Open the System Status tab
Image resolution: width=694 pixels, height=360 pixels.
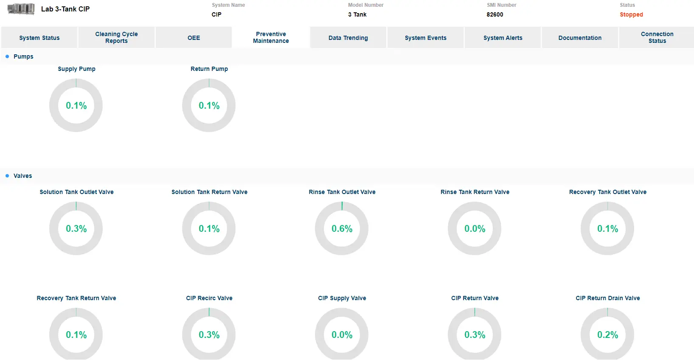(x=39, y=38)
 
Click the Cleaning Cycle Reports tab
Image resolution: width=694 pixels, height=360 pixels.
(x=116, y=37)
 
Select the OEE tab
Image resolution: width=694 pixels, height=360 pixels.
(x=194, y=38)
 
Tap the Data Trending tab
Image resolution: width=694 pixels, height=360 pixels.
(x=348, y=38)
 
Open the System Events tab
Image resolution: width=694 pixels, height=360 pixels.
(x=425, y=38)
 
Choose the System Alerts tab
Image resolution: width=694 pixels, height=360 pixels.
(x=503, y=38)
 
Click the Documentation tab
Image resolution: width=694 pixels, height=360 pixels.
(x=580, y=38)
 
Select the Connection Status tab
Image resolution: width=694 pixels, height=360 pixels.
(x=657, y=37)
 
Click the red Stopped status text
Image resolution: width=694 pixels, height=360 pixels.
(x=631, y=14)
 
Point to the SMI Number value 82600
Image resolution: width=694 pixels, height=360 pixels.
(x=495, y=14)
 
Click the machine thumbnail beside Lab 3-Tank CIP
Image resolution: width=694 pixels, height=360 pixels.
(x=21, y=9)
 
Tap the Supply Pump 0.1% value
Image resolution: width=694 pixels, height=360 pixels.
(x=76, y=106)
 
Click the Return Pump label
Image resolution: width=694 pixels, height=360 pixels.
(x=209, y=69)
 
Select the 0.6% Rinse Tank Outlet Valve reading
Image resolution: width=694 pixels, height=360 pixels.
(x=342, y=229)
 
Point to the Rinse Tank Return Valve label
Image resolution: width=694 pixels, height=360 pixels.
(x=475, y=192)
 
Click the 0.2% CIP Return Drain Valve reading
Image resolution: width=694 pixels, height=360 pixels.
(x=608, y=335)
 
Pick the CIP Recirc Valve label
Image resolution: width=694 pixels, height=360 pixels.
(x=209, y=298)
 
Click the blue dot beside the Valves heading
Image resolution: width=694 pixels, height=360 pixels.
(x=7, y=176)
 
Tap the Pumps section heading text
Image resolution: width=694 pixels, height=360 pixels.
(x=23, y=56)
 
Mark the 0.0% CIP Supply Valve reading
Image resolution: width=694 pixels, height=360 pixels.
(x=342, y=335)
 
